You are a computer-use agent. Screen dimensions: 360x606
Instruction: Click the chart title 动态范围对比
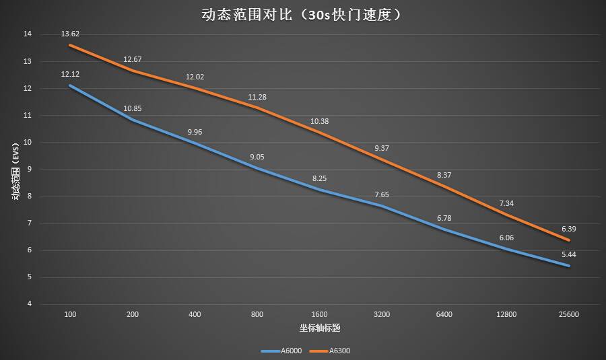(x=302, y=14)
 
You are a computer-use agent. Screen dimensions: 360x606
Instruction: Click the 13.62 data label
(x=70, y=32)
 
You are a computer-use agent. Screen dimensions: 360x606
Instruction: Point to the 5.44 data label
(x=568, y=254)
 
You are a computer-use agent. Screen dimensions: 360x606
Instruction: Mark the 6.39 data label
(x=568, y=229)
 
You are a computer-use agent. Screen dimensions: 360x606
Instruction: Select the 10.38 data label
(x=319, y=121)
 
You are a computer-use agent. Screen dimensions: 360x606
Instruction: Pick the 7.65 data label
(x=381, y=194)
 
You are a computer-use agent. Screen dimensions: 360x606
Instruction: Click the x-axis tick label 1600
(x=319, y=314)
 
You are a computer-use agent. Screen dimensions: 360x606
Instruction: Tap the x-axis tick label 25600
(x=568, y=314)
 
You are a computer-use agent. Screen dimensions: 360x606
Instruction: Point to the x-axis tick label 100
(x=70, y=314)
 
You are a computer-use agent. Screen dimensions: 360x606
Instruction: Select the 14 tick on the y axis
(x=27, y=34)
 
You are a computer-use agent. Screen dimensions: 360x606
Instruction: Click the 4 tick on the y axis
(x=29, y=304)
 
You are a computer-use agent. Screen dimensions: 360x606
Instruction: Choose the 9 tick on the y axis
(x=29, y=170)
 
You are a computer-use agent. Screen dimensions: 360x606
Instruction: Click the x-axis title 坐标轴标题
(x=319, y=328)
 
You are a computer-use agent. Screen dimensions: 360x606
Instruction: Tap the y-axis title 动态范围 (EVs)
(x=14, y=172)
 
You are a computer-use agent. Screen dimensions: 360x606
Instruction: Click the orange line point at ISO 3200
(x=381, y=159)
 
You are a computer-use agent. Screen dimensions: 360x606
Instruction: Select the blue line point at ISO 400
(x=195, y=143)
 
